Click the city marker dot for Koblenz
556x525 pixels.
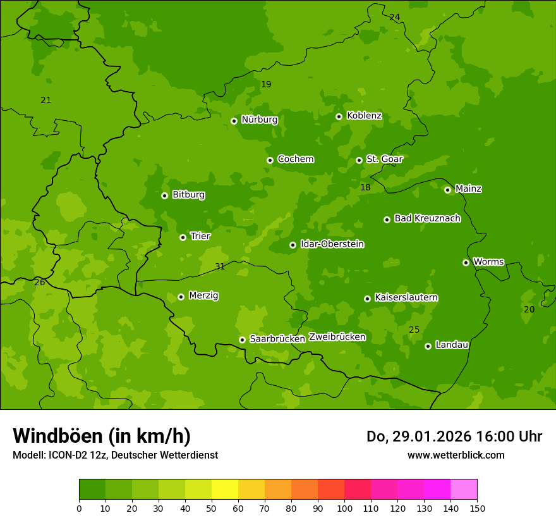[339, 116]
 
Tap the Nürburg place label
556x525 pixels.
[259, 120]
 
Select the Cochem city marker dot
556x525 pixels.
[270, 160]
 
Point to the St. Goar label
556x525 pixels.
[384, 159]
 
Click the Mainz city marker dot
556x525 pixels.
[447, 190]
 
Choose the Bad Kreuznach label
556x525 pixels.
[427, 218]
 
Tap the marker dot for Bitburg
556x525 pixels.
[164, 195]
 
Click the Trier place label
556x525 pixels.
[200, 236]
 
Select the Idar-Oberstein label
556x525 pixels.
[332, 244]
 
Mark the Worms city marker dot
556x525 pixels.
[466, 262]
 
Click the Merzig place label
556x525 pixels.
[203, 295]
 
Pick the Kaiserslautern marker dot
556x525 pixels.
[367, 299]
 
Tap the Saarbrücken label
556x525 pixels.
[277, 339]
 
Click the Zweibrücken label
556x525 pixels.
[337, 337]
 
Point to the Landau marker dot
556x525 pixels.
[428, 346]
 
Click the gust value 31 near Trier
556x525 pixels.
[220, 267]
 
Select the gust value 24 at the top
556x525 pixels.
[394, 17]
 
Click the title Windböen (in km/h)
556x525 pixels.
[102, 436]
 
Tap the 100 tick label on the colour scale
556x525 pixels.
[344, 508]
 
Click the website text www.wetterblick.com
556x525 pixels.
[456, 455]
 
